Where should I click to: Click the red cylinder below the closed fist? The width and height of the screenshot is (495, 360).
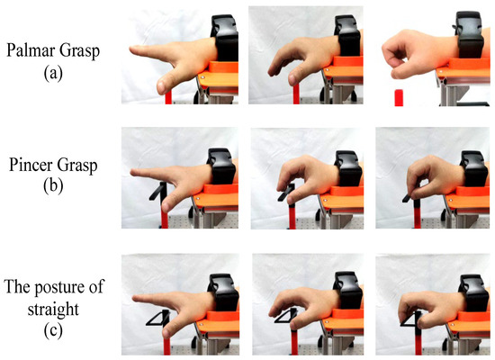(x=399, y=97)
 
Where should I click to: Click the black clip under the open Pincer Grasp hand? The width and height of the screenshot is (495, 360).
(x=160, y=192)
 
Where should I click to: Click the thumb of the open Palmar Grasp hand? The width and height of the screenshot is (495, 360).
(x=163, y=85)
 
